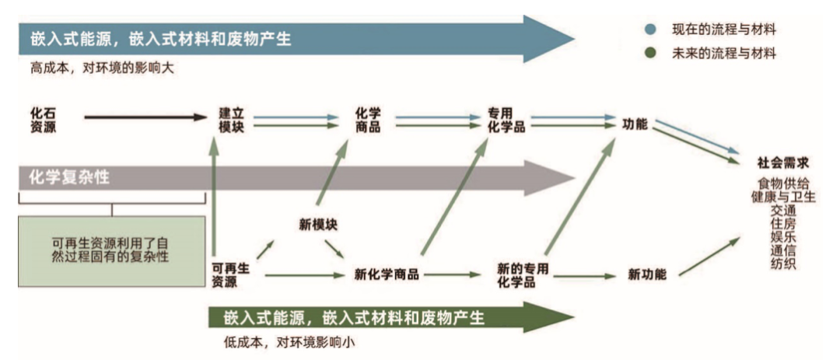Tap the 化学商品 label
(x=367, y=119)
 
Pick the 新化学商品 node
(x=387, y=274)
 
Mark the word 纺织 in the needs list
(x=782, y=264)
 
